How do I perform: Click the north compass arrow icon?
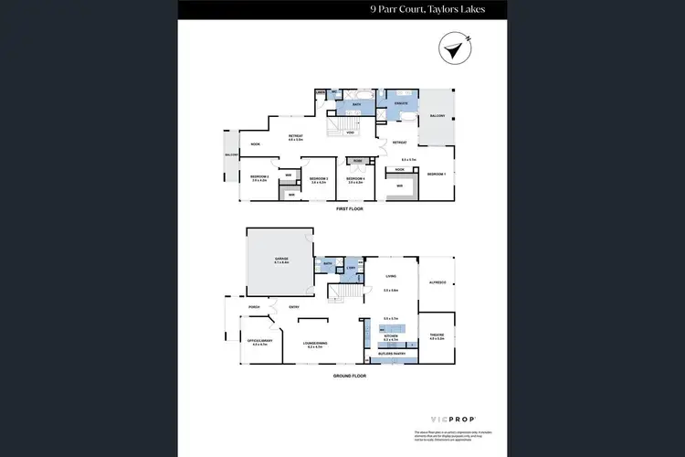pos(452,49)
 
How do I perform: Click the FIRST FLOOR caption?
pos(349,209)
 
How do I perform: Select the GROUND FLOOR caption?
pos(349,376)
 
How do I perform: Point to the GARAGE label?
pos(281,259)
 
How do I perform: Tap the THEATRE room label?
pos(436,335)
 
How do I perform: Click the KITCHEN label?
pos(391,335)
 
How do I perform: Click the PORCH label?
pos(254,307)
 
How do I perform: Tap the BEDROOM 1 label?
pos(437,174)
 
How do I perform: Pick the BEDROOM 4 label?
pos(355,178)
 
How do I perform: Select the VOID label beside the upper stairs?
pos(350,132)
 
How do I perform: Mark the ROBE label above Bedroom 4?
pos(357,160)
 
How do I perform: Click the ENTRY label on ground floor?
pos(294,307)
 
